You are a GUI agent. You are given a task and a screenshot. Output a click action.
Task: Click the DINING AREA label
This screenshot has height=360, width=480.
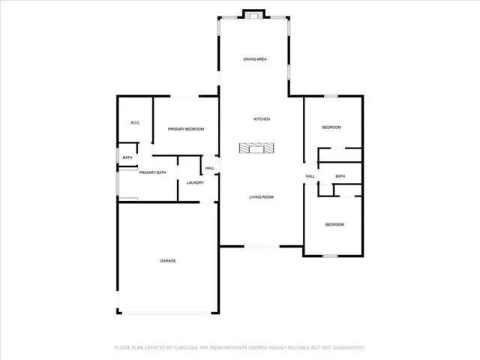[255, 58]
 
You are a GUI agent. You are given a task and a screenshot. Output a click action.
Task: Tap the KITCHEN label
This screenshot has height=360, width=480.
[261, 119]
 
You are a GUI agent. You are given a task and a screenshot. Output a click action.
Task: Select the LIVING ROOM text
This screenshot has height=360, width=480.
[261, 197]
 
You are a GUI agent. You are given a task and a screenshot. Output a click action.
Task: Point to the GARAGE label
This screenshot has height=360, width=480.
[167, 260]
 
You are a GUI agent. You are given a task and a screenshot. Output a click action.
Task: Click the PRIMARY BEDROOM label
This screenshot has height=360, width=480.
[186, 129]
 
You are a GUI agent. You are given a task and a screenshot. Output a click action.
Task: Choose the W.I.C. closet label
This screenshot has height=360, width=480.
[136, 122]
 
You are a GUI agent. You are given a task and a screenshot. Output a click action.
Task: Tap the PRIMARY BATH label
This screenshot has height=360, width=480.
[151, 172]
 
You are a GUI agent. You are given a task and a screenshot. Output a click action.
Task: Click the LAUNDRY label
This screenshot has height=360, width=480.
[195, 182]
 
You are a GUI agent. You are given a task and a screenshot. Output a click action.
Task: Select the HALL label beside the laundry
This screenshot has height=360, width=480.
[209, 168]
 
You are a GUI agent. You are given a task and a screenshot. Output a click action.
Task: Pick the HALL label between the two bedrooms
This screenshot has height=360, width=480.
[310, 176]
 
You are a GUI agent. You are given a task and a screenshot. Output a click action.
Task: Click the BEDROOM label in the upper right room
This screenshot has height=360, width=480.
[331, 127]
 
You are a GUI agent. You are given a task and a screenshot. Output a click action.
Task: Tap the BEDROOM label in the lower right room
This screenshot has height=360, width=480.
[334, 224]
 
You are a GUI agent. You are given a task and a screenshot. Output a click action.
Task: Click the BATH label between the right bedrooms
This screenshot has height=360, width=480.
[340, 176]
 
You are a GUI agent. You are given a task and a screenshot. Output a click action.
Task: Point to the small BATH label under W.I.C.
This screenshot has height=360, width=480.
[127, 157]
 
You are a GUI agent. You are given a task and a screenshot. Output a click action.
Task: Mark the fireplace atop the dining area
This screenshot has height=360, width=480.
[254, 13]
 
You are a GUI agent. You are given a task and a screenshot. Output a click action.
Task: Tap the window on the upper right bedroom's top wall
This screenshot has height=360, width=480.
[331, 95]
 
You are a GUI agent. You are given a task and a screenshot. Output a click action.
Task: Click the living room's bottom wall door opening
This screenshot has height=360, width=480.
[262, 246]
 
